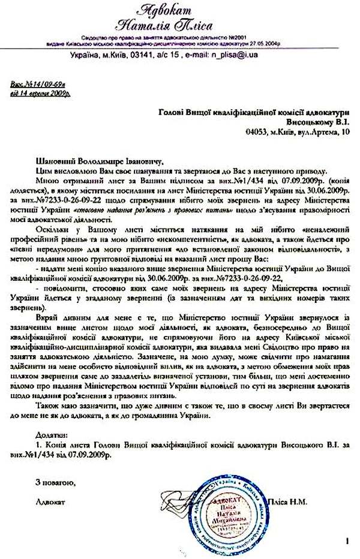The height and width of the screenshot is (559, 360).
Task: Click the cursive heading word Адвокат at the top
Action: point(181,10)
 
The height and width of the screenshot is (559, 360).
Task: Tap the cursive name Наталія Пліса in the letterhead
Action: point(180,25)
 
